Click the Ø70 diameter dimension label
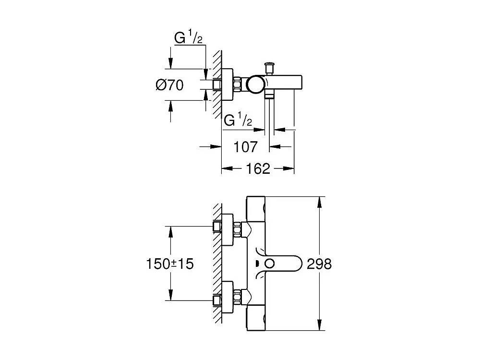(x=170, y=85)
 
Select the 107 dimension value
(x=245, y=147)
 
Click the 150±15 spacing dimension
(x=169, y=264)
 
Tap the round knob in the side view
(x=254, y=85)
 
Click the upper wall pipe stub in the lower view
(x=217, y=226)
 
